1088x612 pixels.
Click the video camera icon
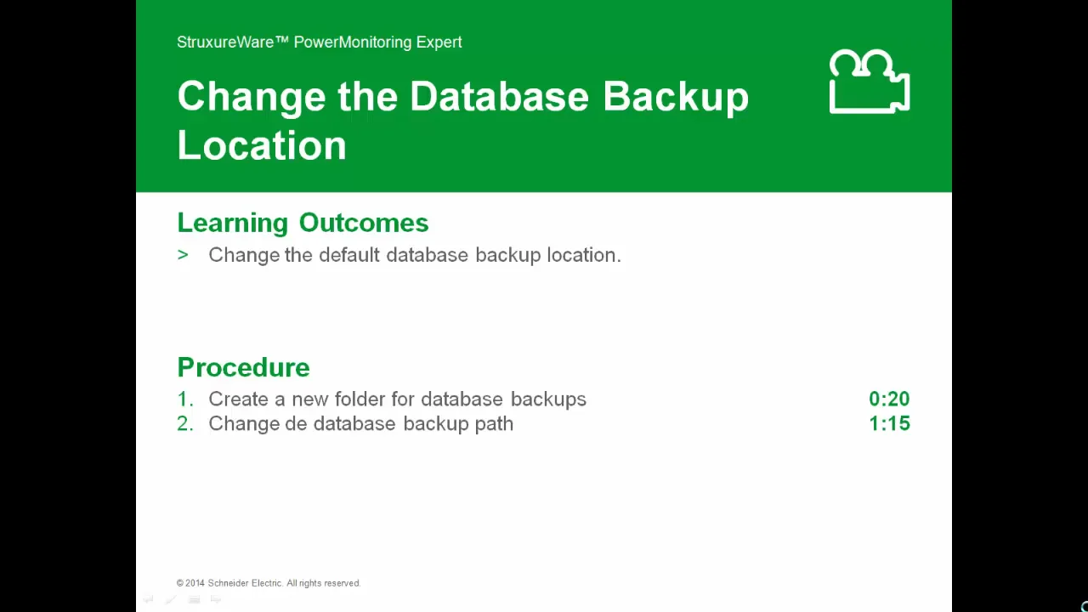(x=869, y=82)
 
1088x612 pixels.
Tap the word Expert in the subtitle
(x=439, y=42)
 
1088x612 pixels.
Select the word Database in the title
(x=499, y=97)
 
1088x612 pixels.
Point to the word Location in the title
(x=262, y=146)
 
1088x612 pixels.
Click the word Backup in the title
(x=676, y=97)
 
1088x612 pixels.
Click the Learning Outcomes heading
(x=303, y=223)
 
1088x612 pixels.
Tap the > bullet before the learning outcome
(x=183, y=255)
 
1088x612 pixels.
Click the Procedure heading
(x=243, y=367)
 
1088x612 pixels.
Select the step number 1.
(x=184, y=399)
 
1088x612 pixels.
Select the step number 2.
(x=184, y=424)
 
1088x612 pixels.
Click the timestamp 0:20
(x=889, y=399)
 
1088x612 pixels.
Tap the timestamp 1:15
(x=889, y=424)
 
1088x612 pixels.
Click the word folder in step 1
(x=357, y=399)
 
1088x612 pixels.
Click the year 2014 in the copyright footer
(x=195, y=583)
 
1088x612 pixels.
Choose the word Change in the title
(x=252, y=97)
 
